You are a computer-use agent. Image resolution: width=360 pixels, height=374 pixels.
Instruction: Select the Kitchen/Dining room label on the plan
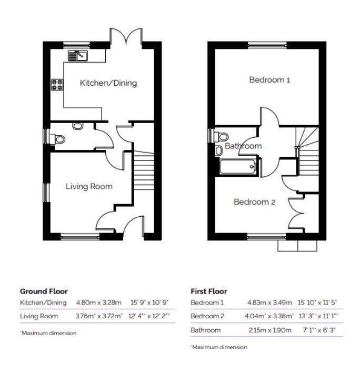coord(108,83)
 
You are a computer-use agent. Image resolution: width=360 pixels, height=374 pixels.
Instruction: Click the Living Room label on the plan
coord(89,186)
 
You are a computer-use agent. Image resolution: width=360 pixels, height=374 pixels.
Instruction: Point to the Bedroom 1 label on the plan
coord(269,80)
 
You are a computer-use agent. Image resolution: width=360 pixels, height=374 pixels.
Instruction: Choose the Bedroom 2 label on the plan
coord(254,201)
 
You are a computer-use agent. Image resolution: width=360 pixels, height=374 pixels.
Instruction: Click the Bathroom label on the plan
coord(243,146)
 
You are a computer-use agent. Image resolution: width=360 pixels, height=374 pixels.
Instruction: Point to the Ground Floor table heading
coord(44,291)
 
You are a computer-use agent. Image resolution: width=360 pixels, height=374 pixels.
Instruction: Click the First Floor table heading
coord(208,291)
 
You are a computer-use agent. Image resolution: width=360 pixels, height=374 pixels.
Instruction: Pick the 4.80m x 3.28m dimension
coord(99,302)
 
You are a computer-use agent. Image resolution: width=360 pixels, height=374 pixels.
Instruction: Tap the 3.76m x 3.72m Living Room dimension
coord(99,316)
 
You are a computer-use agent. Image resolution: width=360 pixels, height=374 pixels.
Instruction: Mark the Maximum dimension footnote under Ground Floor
coord(48,333)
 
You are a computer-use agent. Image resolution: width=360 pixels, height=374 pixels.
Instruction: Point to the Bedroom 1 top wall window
coord(267,44)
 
